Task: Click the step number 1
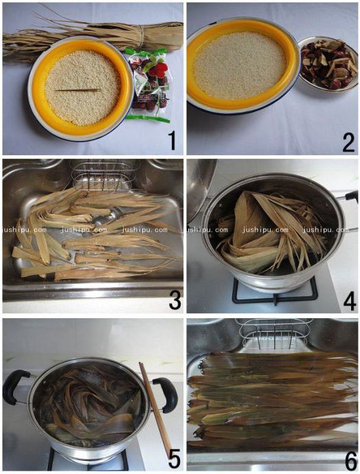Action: [172, 141]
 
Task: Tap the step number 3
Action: [175, 300]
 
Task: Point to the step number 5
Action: [174, 458]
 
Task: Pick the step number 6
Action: [350, 460]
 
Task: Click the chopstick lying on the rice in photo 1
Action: [78, 91]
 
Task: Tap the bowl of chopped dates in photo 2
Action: [328, 64]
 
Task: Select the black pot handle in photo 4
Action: [350, 196]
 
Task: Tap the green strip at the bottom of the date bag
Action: [148, 119]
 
